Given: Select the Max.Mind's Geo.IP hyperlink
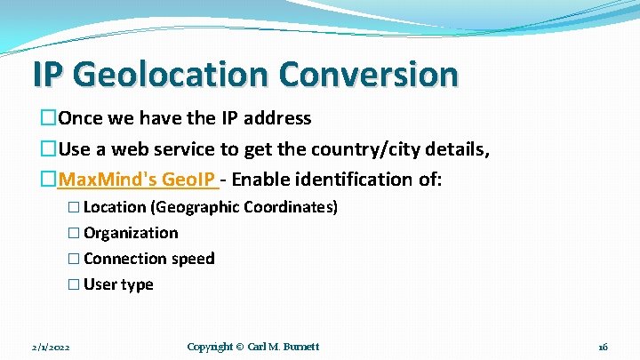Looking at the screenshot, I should (x=138, y=180).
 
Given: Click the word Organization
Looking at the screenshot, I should (x=131, y=233).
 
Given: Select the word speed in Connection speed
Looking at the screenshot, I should (x=193, y=259).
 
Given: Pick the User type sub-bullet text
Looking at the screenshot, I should (x=118, y=284).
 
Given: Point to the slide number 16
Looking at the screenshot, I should (x=603, y=346).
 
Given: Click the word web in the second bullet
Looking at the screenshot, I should (x=135, y=149).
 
